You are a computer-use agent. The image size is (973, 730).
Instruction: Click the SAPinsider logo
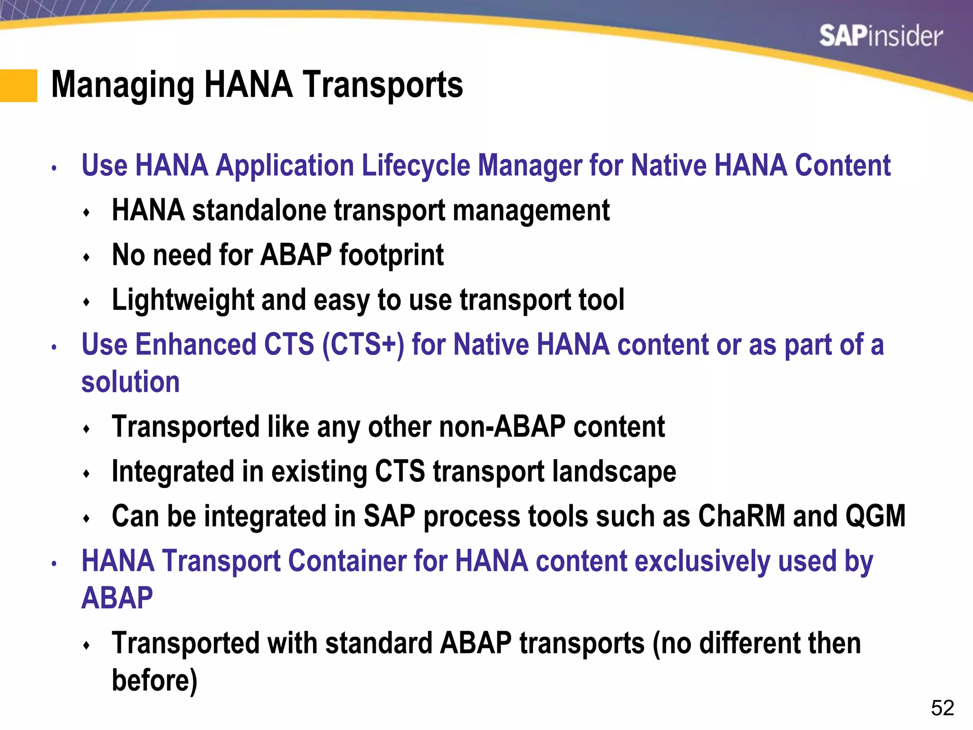880,36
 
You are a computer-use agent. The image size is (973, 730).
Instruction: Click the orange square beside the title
18,86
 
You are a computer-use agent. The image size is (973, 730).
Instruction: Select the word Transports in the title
382,85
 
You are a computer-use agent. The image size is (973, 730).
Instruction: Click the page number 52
942,708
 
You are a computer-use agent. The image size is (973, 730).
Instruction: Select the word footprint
391,255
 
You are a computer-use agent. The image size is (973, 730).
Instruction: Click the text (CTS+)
363,345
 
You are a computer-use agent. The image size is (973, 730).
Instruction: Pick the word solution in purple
131,382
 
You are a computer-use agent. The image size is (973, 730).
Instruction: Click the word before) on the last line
154,680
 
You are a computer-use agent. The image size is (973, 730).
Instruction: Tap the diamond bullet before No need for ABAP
86,258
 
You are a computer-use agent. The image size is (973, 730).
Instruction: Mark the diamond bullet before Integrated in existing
86,474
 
